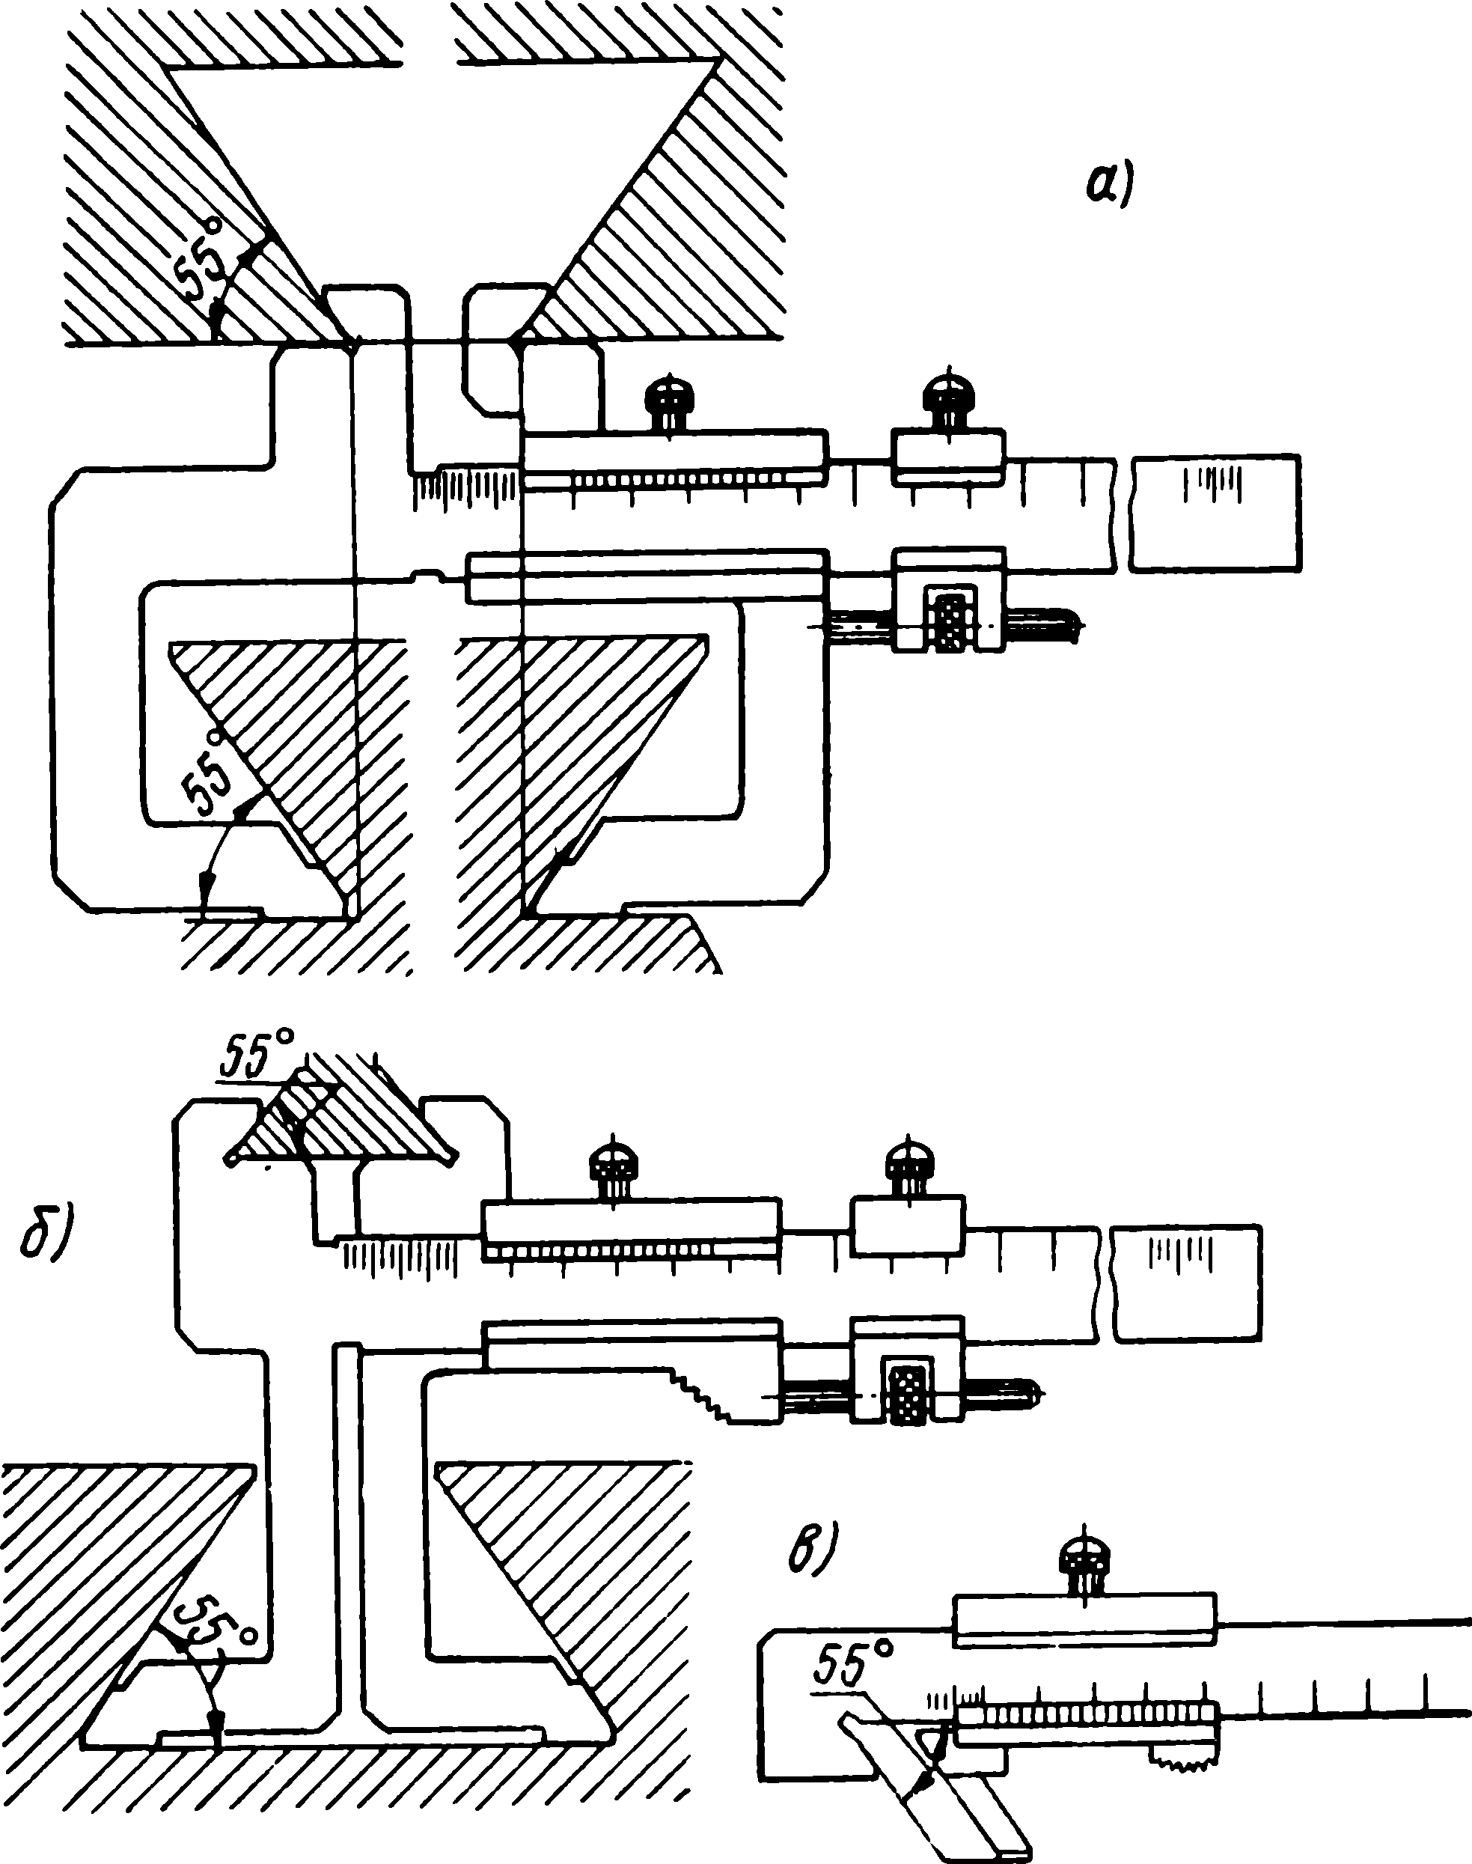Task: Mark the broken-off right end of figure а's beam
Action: tap(1216, 514)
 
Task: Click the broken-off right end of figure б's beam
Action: tap(1186, 1283)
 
